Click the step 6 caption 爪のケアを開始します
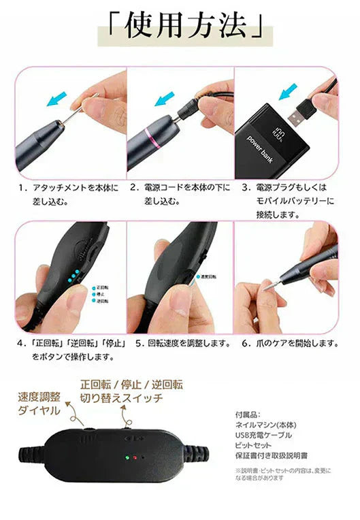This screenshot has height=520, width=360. pos(291,343)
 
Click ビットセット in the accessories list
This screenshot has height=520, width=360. pos(252,446)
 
